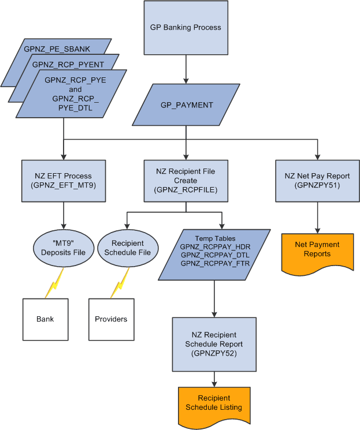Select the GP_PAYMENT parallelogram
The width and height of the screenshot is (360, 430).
coord(186,105)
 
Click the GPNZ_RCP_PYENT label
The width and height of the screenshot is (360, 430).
coord(68,65)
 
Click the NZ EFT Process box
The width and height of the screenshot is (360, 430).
coord(62,180)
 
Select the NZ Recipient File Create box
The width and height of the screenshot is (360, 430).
coord(185,180)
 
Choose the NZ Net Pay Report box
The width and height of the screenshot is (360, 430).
coord(317,180)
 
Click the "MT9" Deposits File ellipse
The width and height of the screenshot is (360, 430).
coord(62,248)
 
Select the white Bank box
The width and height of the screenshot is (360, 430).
coord(45,319)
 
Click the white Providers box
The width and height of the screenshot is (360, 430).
coord(111,319)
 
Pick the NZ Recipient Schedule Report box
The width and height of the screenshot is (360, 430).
coord(214,343)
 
